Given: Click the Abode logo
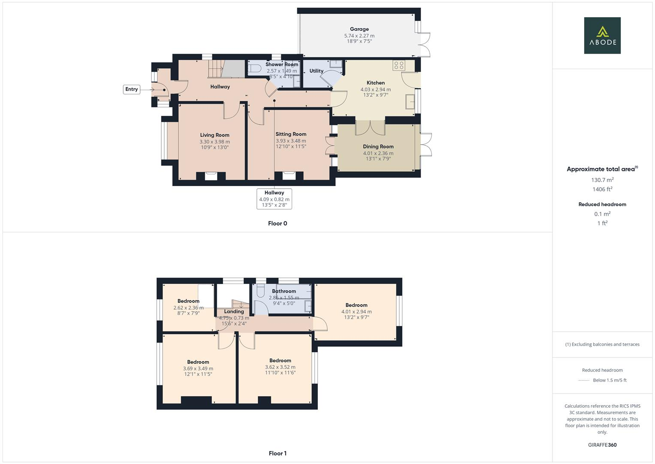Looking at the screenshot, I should point(602,36).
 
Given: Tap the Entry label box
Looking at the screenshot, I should point(132,89).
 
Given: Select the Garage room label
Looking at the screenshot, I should point(359,29).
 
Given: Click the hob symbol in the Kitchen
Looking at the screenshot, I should point(399,65).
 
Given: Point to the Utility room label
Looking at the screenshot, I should point(317,71).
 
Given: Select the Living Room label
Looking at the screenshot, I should point(214,135).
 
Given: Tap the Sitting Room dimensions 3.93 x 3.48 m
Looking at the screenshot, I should point(291,141).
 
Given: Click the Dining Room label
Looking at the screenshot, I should point(378,147).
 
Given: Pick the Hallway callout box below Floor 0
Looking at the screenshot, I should point(274,199).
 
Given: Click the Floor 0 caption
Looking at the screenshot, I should point(278,223).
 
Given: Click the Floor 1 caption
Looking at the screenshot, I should point(278,453).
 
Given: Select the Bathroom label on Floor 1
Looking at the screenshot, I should point(284,291).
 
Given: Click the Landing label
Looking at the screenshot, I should point(234,311).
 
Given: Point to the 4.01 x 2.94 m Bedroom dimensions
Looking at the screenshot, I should point(356,312).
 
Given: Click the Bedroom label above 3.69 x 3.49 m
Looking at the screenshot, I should point(198,362).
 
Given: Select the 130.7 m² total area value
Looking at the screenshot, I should point(602,180).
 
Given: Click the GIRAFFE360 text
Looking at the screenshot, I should point(602,445).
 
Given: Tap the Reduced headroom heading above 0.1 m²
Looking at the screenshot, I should point(602,205).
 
